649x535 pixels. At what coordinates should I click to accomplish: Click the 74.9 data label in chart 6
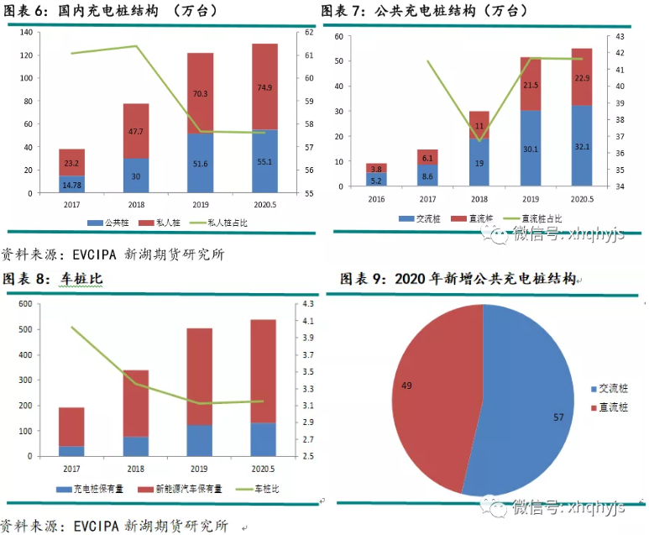pos(264,87)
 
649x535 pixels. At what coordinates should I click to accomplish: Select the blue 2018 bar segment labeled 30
pos(135,176)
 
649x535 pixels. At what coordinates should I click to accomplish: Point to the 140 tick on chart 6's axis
pos(25,32)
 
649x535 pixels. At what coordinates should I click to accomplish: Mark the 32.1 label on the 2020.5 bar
pos(582,145)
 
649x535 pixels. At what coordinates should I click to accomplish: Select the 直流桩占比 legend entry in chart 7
pos(536,218)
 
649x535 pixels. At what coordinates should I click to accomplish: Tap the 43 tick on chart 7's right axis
pos(621,37)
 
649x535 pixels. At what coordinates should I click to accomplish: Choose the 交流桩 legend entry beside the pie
pos(609,390)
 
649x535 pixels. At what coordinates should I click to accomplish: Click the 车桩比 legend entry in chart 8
pos(267,489)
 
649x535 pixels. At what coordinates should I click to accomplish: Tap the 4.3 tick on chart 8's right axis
pos(307,304)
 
